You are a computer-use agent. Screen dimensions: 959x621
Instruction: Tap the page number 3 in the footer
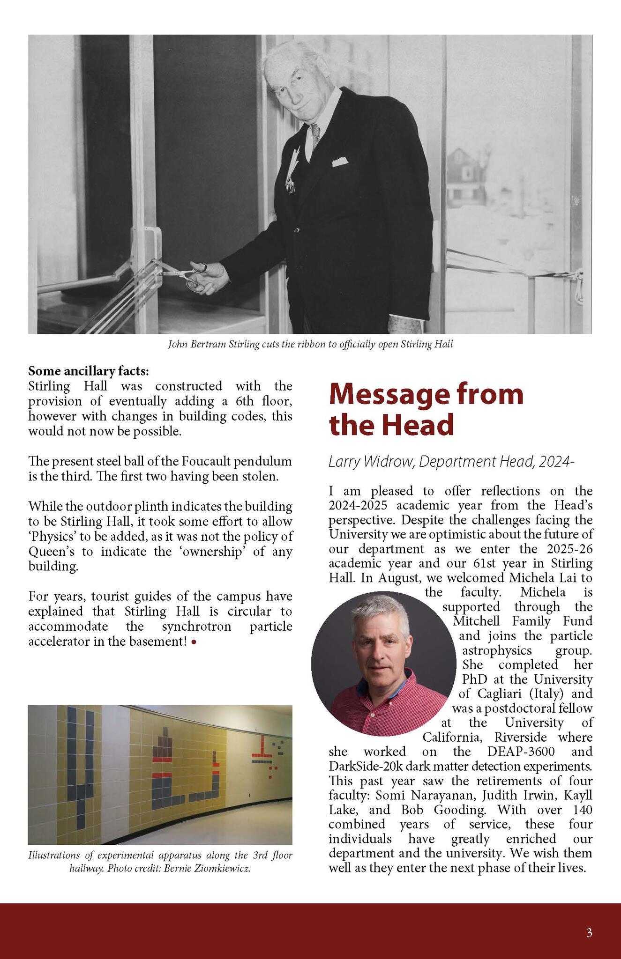tap(589, 933)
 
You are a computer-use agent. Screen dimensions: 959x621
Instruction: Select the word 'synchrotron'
tap(196, 627)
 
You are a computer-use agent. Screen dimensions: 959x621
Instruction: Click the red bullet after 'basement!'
tap(194, 642)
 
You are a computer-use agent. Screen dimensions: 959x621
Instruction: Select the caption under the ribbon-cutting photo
tap(310, 345)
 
